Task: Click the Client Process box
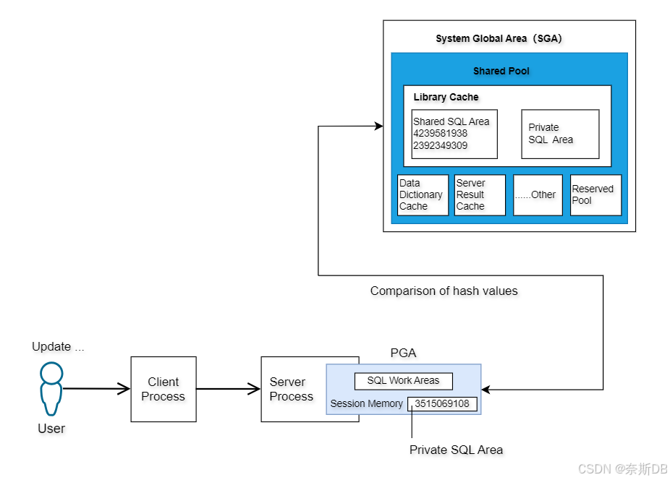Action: click(x=163, y=389)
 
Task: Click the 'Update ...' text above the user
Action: click(x=58, y=347)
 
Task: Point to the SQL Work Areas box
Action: click(x=403, y=381)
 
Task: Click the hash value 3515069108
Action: click(x=441, y=403)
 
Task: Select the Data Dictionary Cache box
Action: click(x=423, y=194)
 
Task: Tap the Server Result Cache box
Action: click(x=480, y=194)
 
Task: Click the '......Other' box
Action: click(x=538, y=194)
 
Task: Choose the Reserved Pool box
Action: click(x=595, y=194)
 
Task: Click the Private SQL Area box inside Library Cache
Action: click(x=560, y=134)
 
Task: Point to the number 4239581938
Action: click(x=440, y=134)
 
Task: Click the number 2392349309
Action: click(x=440, y=145)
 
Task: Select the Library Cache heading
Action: click(x=446, y=97)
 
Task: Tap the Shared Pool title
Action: click(x=501, y=71)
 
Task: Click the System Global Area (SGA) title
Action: click(x=499, y=38)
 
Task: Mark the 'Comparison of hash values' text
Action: click(x=444, y=291)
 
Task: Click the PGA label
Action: click(x=403, y=353)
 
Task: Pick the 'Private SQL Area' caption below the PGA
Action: click(x=456, y=450)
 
